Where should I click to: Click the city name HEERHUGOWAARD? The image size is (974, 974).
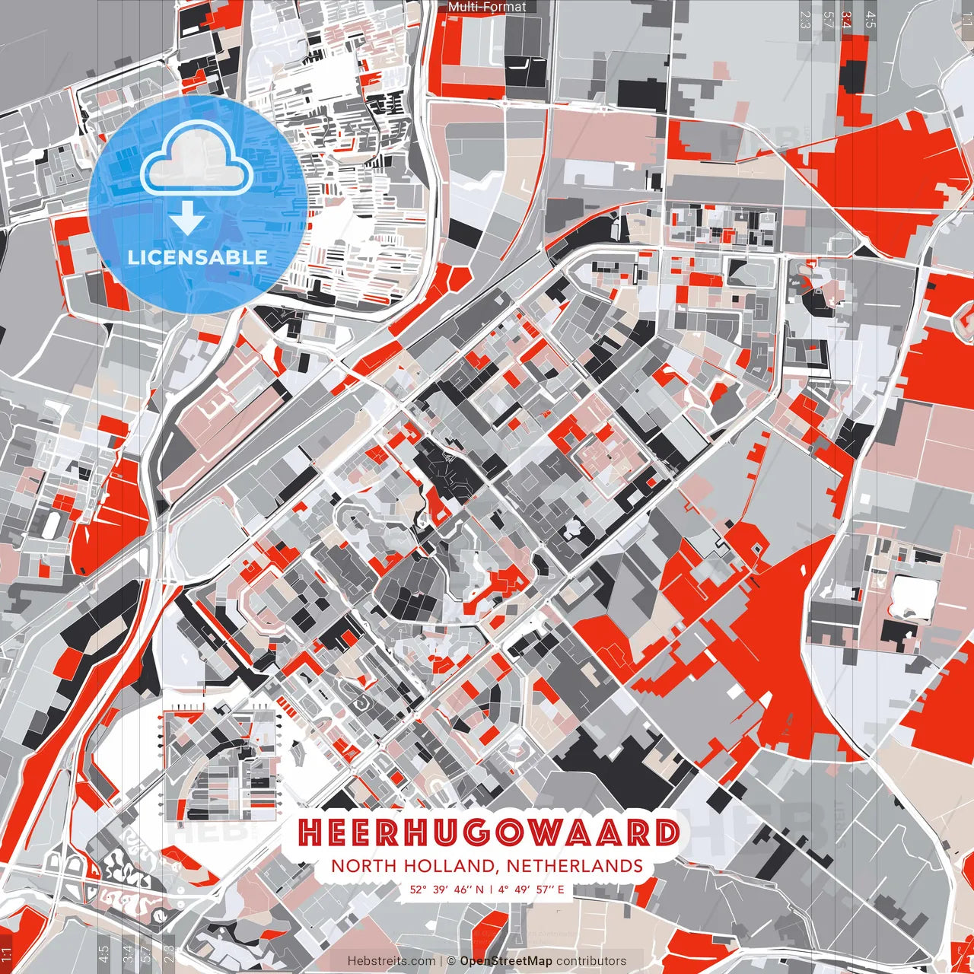click(488, 832)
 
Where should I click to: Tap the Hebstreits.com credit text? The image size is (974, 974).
click(392, 961)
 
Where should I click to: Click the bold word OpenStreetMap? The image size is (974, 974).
click(506, 961)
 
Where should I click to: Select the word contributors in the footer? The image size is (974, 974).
click(591, 961)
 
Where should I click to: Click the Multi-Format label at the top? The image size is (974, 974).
click(487, 7)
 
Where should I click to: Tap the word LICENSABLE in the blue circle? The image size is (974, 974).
click(197, 257)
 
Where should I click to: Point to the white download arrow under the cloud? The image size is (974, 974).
click(187, 218)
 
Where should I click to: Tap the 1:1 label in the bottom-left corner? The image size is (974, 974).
click(7, 954)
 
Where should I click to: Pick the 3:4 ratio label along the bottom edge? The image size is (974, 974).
click(127, 954)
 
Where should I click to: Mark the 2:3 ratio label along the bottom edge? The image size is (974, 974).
click(169, 954)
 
